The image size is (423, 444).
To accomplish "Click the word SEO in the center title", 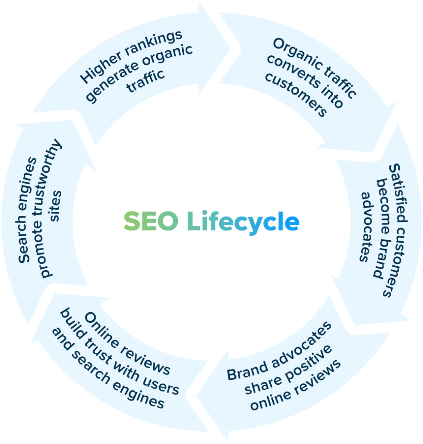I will point(150,222).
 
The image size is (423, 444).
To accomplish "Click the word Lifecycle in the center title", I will point(243,223).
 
